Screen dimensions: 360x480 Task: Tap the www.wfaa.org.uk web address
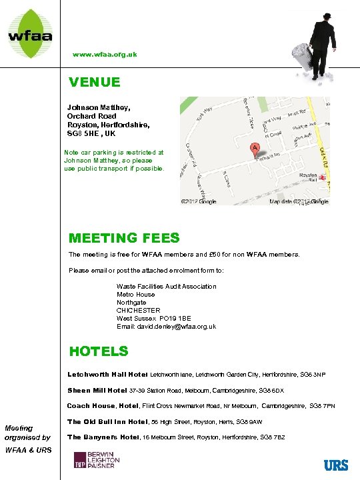105,54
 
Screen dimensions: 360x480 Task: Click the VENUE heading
95,82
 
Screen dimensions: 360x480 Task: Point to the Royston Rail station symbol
321,178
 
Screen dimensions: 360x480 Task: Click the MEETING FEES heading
124,238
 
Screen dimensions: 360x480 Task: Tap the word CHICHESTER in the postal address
139,310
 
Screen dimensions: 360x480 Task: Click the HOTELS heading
99,351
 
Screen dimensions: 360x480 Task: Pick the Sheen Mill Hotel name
97,390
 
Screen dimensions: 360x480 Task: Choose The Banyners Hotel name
105,437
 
